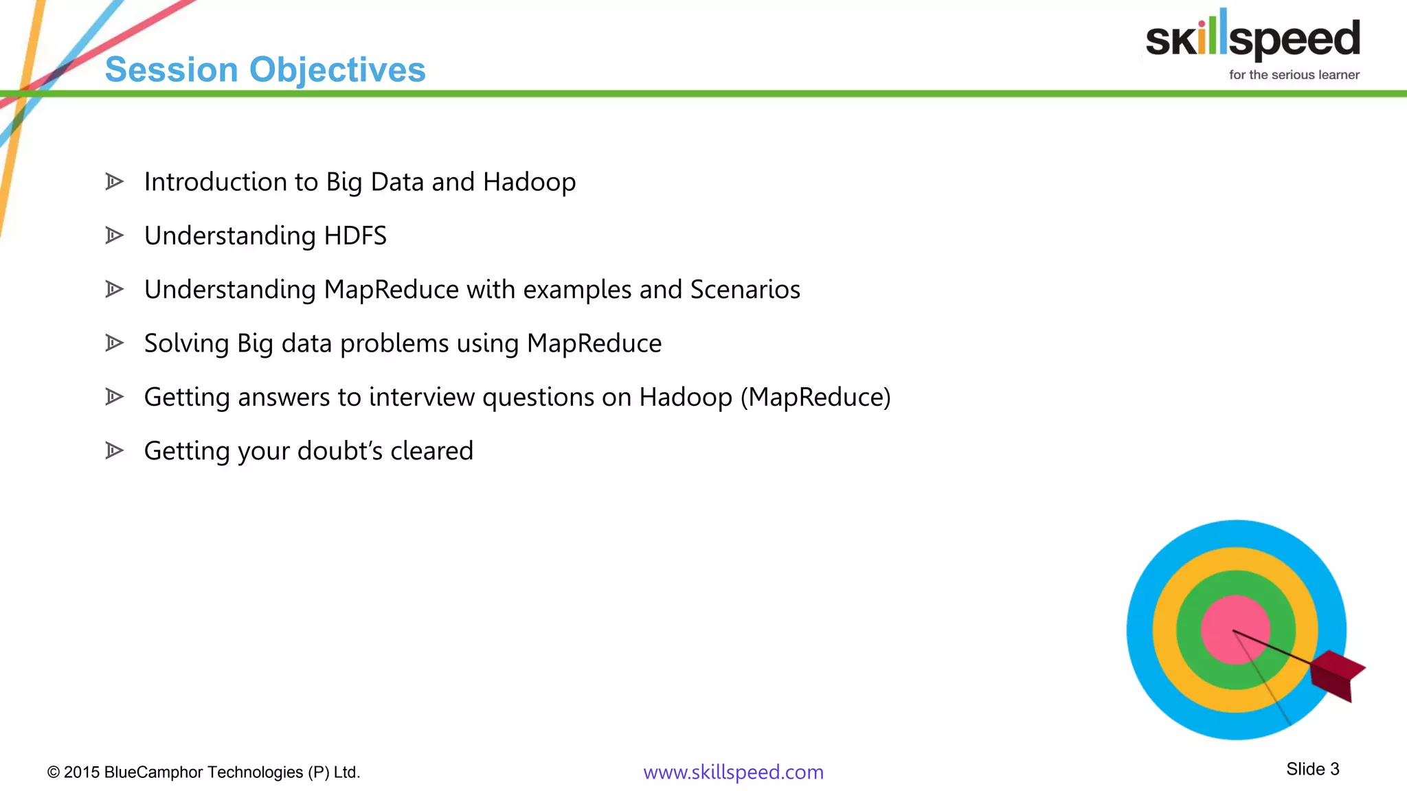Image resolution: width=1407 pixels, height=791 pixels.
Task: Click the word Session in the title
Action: [171, 70]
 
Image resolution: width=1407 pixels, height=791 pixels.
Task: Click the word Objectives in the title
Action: [337, 70]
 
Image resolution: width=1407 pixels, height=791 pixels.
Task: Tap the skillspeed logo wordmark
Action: [1252, 38]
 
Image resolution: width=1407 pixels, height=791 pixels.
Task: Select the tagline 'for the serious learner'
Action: [1294, 75]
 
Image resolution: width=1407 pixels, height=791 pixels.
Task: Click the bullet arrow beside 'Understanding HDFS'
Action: [114, 236]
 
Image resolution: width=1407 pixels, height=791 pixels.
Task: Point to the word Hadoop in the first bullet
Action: [529, 182]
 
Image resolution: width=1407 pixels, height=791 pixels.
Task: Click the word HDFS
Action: [355, 236]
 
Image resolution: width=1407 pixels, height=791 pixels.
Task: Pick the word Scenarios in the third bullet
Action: [745, 290]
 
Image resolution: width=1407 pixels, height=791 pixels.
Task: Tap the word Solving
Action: [186, 343]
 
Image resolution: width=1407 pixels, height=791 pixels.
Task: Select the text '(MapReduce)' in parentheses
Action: [815, 397]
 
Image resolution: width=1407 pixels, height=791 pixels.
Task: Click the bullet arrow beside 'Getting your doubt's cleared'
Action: [114, 451]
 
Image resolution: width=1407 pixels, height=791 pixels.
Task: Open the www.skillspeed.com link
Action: [733, 772]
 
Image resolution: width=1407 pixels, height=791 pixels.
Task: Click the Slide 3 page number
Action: [1312, 769]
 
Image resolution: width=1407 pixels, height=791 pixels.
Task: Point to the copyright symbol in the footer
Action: [54, 772]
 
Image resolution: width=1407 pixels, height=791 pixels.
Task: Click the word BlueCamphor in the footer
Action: [155, 772]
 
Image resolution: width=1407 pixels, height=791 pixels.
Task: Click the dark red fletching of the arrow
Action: [1336, 673]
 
